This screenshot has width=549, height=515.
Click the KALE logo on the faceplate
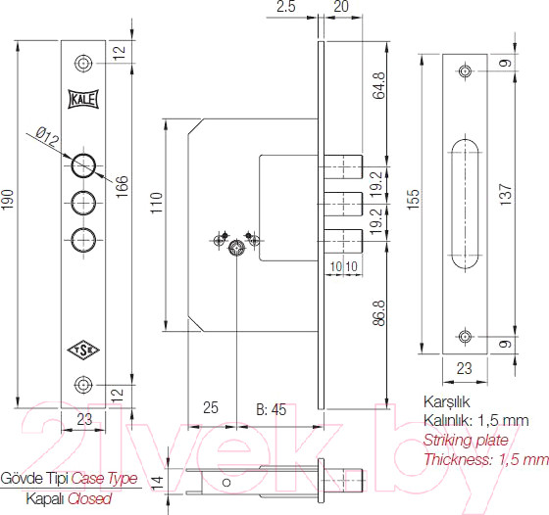pyautogui.click(x=83, y=99)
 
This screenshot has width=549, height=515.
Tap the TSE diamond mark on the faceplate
pyautogui.click(x=82, y=348)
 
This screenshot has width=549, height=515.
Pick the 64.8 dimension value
pyautogui.click(x=378, y=88)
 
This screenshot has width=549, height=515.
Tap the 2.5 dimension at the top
pyautogui.click(x=286, y=8)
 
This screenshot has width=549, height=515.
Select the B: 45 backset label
pyautogui.click(x=271, y=409)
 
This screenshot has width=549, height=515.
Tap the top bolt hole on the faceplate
pyautogui.click(x=83, y=163)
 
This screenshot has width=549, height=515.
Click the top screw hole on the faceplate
pyautogui.click(x=83, y=64)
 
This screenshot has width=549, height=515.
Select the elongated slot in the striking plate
pyautogui.click(x=465, y=203)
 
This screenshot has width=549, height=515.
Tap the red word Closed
pyautogui.click(x=89, y=498)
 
